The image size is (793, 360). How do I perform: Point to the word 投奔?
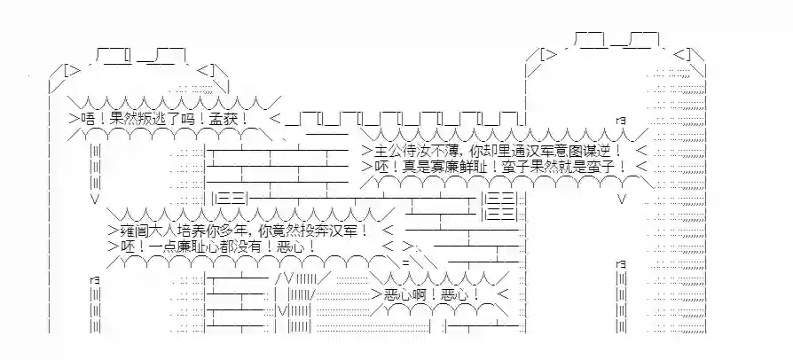click(329, 230)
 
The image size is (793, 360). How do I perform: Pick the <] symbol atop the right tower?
click(683, 53)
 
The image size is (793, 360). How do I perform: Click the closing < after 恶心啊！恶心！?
click(503, 293)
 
